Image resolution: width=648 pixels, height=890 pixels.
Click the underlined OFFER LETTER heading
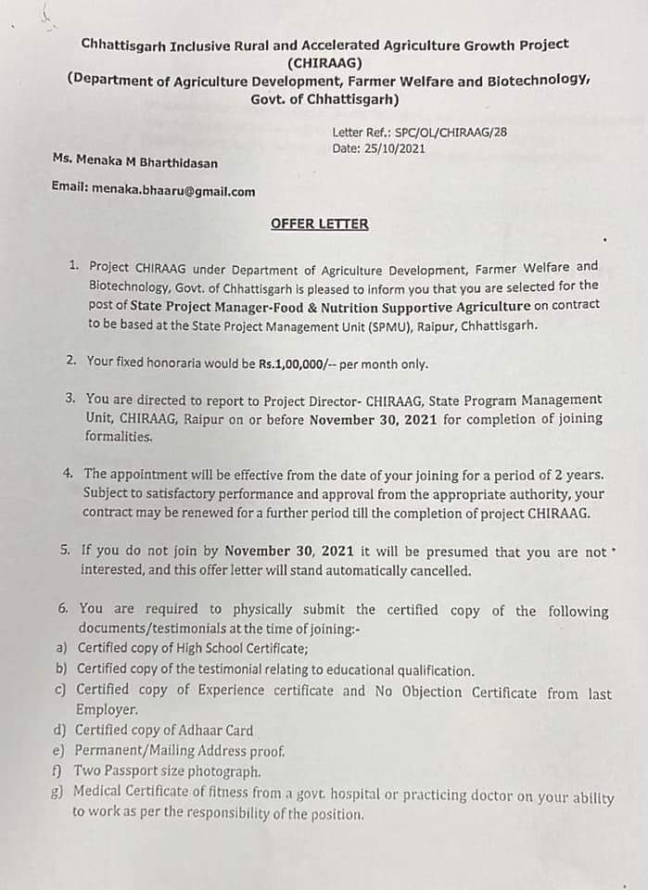pyautogui.click(x=319, y=223)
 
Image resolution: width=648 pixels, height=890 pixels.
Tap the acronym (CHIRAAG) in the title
pyautogui.click(x=324, y=63)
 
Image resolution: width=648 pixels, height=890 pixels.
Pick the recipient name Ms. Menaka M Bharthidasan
pyautogui.click(x=135, y=162)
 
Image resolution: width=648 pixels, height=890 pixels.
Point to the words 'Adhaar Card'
pyautogui.click(x=216, y=731)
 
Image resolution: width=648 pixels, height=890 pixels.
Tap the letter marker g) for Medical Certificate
pyautogui.click(x=59, y=792)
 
